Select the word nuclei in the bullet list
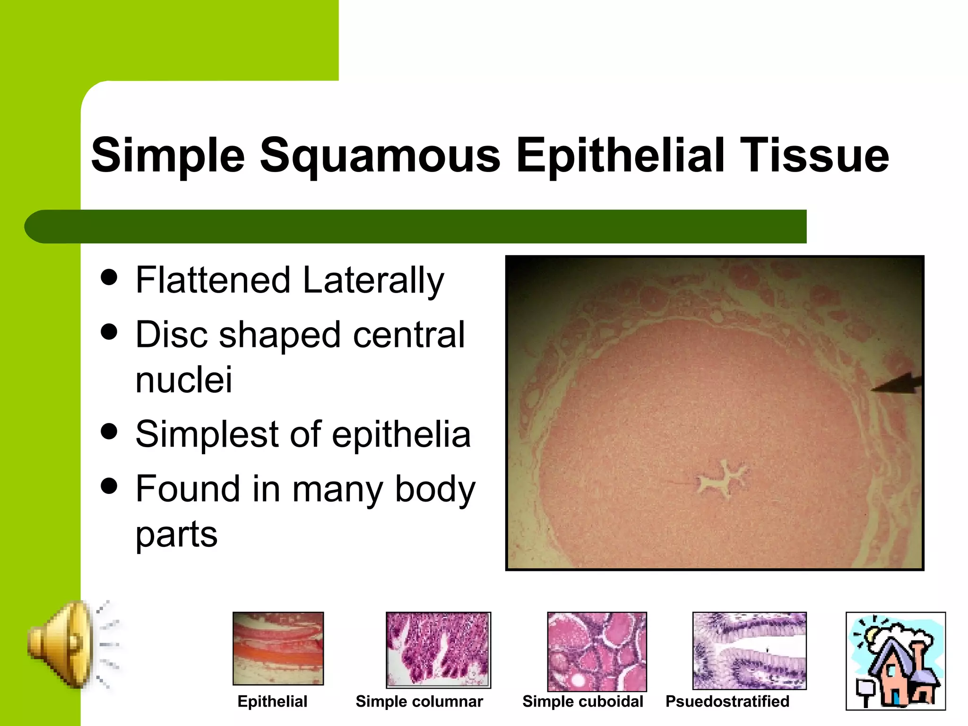tap(184, 380)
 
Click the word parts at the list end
tap(176, 535)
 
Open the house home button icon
tap(895, 661)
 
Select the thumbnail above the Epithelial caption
tap(278, 648)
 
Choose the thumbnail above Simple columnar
tap(438, 649)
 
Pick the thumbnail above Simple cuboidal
tap(596, 651)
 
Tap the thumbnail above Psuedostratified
tap(749, 650)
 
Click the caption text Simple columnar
tap(419, 701)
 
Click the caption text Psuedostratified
tap(727, 701)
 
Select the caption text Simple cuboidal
tap(582, 701)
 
